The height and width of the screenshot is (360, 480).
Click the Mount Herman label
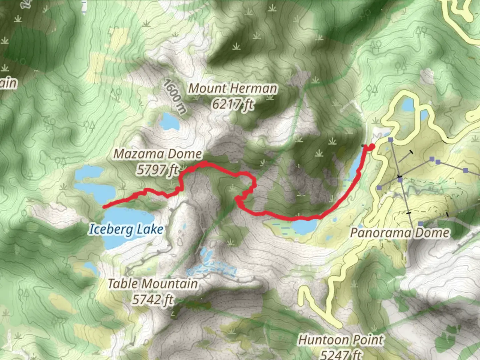tap(233, 89)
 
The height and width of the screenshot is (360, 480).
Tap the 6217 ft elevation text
tap(233, 105)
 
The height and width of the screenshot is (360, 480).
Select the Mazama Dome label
tap(158, 154)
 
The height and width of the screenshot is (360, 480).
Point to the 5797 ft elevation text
tap(157, 170)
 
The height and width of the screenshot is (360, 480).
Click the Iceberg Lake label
tap(126, 229)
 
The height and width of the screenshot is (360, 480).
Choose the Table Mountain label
tap(153, 284)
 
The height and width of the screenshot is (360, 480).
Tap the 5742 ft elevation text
tap(153, 300)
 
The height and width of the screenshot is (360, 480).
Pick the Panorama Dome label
tap(399, 233)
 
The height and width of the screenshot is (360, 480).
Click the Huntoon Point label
tap(341, 340)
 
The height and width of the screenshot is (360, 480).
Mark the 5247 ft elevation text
tap(341, 354)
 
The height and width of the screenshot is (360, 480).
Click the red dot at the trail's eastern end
tap(371, 146)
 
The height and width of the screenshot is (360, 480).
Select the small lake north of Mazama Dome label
tap(169, 122)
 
